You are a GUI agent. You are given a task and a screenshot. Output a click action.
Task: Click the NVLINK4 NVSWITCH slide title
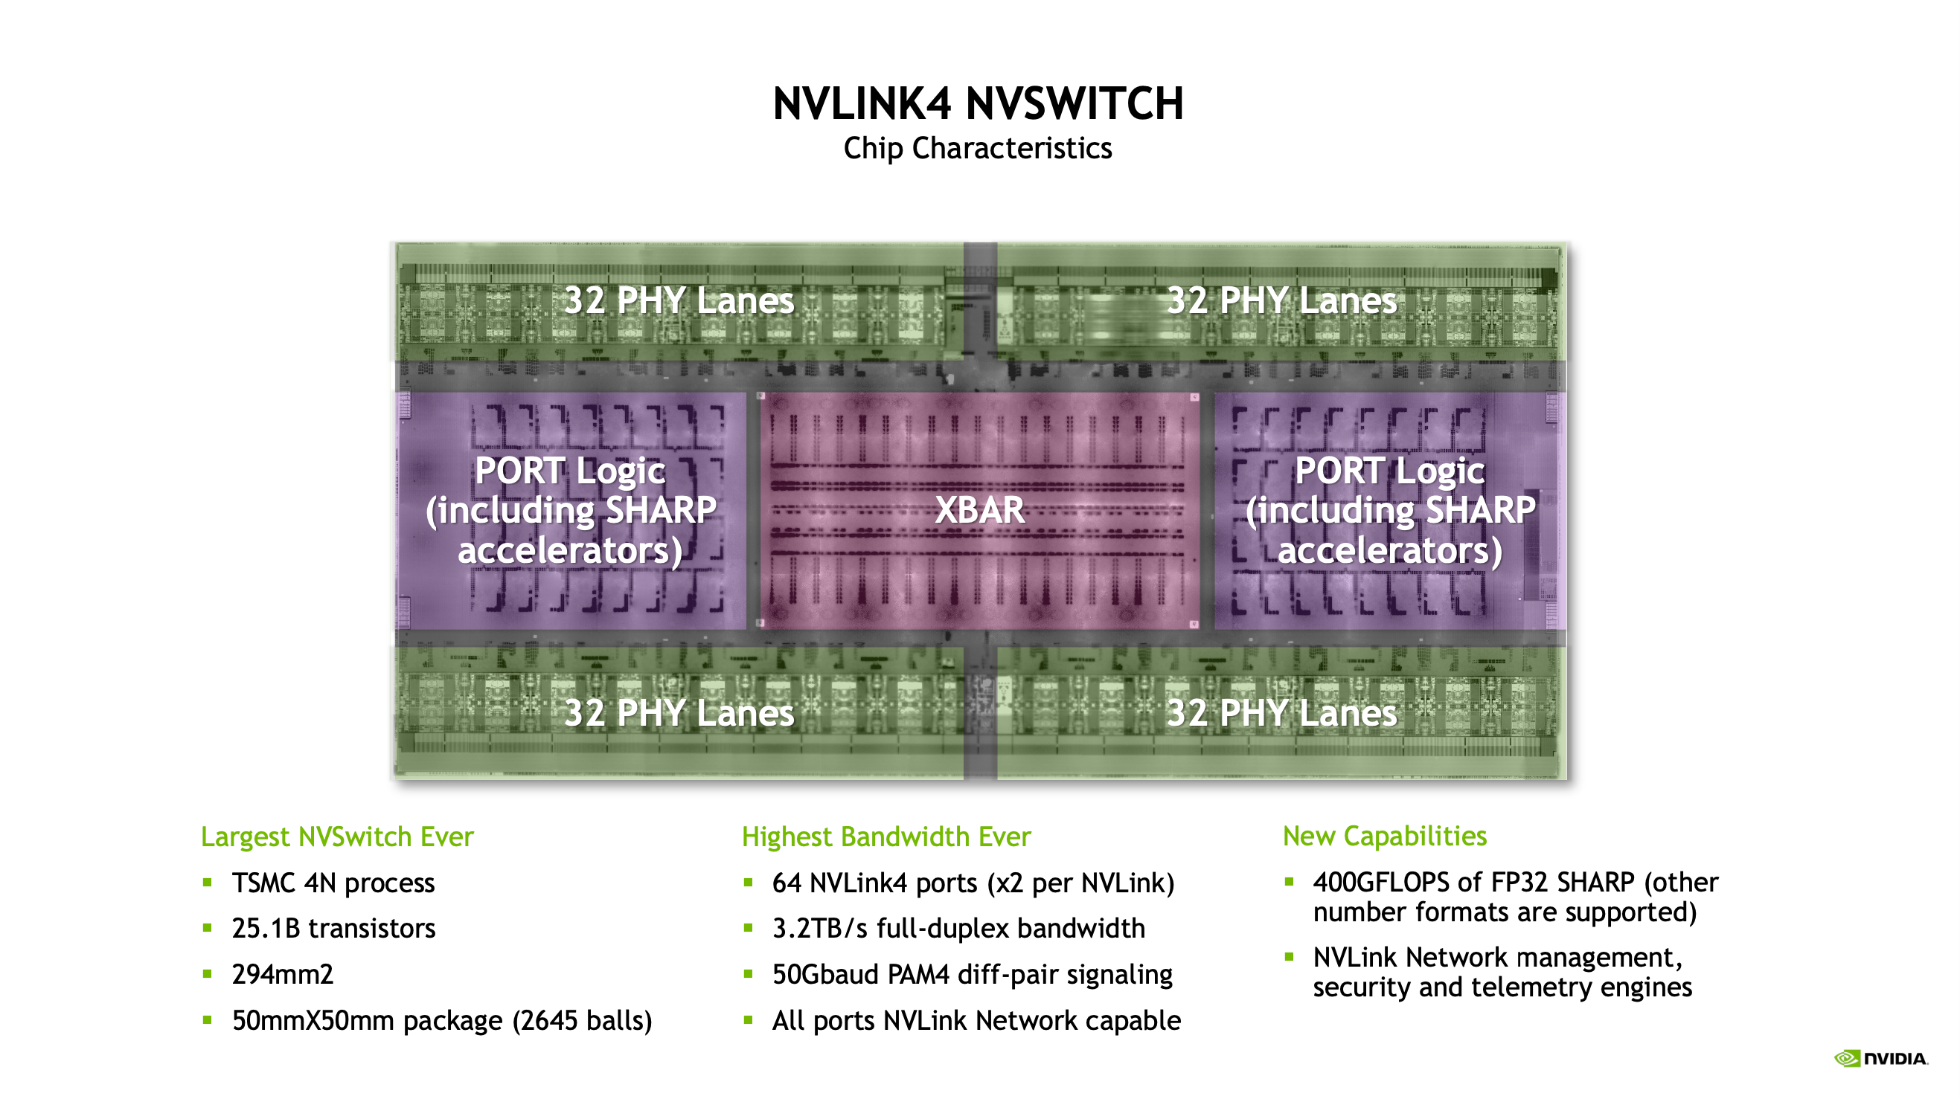(x=978, y=104)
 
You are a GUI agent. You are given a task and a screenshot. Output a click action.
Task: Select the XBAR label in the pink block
(x=979, y=509)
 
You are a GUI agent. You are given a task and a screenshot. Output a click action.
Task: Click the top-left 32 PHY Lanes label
(x=679, y=300)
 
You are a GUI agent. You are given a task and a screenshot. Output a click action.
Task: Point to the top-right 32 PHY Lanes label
(x=1281, y=300)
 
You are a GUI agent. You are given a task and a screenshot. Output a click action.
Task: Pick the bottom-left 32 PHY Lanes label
(x=679, y=713)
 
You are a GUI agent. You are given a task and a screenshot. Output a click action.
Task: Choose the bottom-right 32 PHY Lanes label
(x=1281, y=713)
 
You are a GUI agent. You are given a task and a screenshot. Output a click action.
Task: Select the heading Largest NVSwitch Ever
(x=337, y=837)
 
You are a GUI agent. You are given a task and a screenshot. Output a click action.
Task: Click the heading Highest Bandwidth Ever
(x=885, y=837)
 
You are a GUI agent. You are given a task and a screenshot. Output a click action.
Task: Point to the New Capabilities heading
(x=1384, y=836)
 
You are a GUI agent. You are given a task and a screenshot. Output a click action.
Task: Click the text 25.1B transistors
(x=333, y=929)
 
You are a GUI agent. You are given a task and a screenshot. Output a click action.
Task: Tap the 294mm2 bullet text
(x=282, y=974)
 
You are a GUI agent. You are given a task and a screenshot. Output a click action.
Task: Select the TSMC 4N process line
(x=333, y=883)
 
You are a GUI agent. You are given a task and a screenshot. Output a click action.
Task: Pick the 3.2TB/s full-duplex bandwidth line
(x=958, y=929)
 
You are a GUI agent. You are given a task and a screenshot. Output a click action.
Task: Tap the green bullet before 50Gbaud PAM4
(x=748, y=973)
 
